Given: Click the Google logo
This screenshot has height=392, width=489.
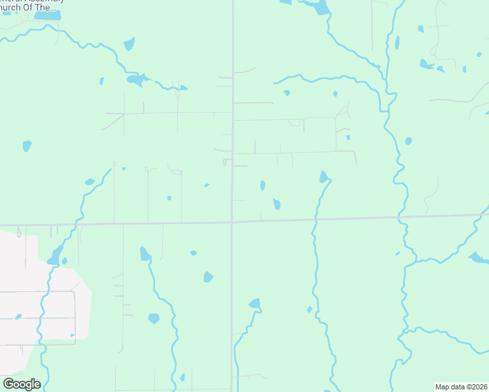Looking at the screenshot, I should [22, 384].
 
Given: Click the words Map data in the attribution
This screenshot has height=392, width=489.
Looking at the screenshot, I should [449, 387].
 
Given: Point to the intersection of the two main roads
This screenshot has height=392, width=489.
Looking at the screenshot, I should [232, 222].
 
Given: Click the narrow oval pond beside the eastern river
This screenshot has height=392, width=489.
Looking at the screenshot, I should [397, 43].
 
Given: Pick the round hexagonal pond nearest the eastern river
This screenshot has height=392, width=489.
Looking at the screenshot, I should [409, 140].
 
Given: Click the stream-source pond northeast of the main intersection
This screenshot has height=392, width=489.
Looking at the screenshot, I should [324, 176].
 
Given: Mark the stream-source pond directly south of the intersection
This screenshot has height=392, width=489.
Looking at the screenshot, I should [254, 303].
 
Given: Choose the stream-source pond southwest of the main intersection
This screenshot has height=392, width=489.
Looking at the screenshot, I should [145, 253].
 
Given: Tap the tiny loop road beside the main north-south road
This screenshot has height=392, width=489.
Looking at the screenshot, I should [226, 161].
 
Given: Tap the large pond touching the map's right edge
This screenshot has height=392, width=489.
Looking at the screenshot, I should [479, 257].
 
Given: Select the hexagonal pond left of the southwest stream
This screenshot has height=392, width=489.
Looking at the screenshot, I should [154, 318].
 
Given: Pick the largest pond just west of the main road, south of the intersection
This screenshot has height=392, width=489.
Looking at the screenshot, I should [208, 277].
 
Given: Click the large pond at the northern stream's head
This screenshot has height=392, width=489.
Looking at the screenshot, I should [320, 8].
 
